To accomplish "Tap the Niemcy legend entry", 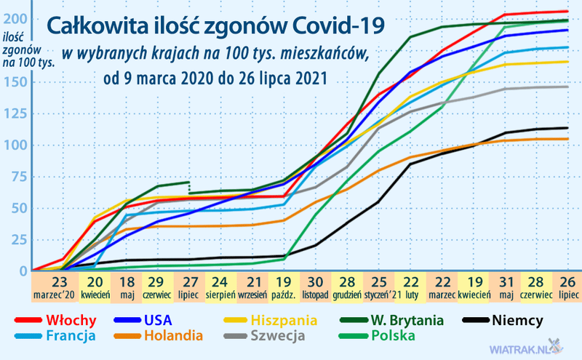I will click(x=518, y=319).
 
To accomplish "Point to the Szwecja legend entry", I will click(x=280, y=335).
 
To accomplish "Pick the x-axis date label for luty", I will click(x=411, y=288).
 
